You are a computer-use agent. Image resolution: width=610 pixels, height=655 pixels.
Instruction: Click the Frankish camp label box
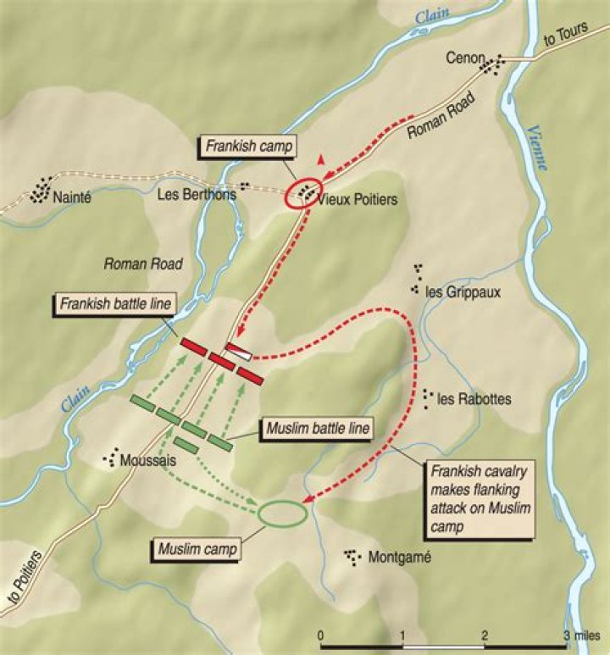[248, 146]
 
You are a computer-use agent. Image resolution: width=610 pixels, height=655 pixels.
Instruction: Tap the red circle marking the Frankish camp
[305, 192]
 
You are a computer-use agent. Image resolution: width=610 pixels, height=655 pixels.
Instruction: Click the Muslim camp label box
[195, 547]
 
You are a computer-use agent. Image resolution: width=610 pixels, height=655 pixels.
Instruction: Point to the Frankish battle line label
[115, 303]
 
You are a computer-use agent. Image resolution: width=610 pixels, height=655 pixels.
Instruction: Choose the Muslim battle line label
[316, 429]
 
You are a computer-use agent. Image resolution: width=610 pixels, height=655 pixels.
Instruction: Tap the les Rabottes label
[474, 399]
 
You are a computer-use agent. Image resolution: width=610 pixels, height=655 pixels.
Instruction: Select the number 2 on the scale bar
[484, 636]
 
